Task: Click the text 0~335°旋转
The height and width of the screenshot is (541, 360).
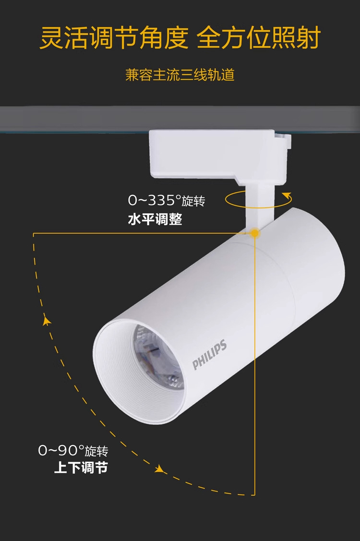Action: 166,200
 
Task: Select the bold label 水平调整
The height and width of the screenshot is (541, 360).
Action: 155,220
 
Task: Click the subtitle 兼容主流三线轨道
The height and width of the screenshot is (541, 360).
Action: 180,75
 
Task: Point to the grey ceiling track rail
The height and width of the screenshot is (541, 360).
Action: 72,117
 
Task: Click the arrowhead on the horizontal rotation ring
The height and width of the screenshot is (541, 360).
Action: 288,195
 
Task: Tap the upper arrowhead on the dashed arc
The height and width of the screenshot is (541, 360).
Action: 47,321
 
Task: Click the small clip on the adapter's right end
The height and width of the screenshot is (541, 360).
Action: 284,140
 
